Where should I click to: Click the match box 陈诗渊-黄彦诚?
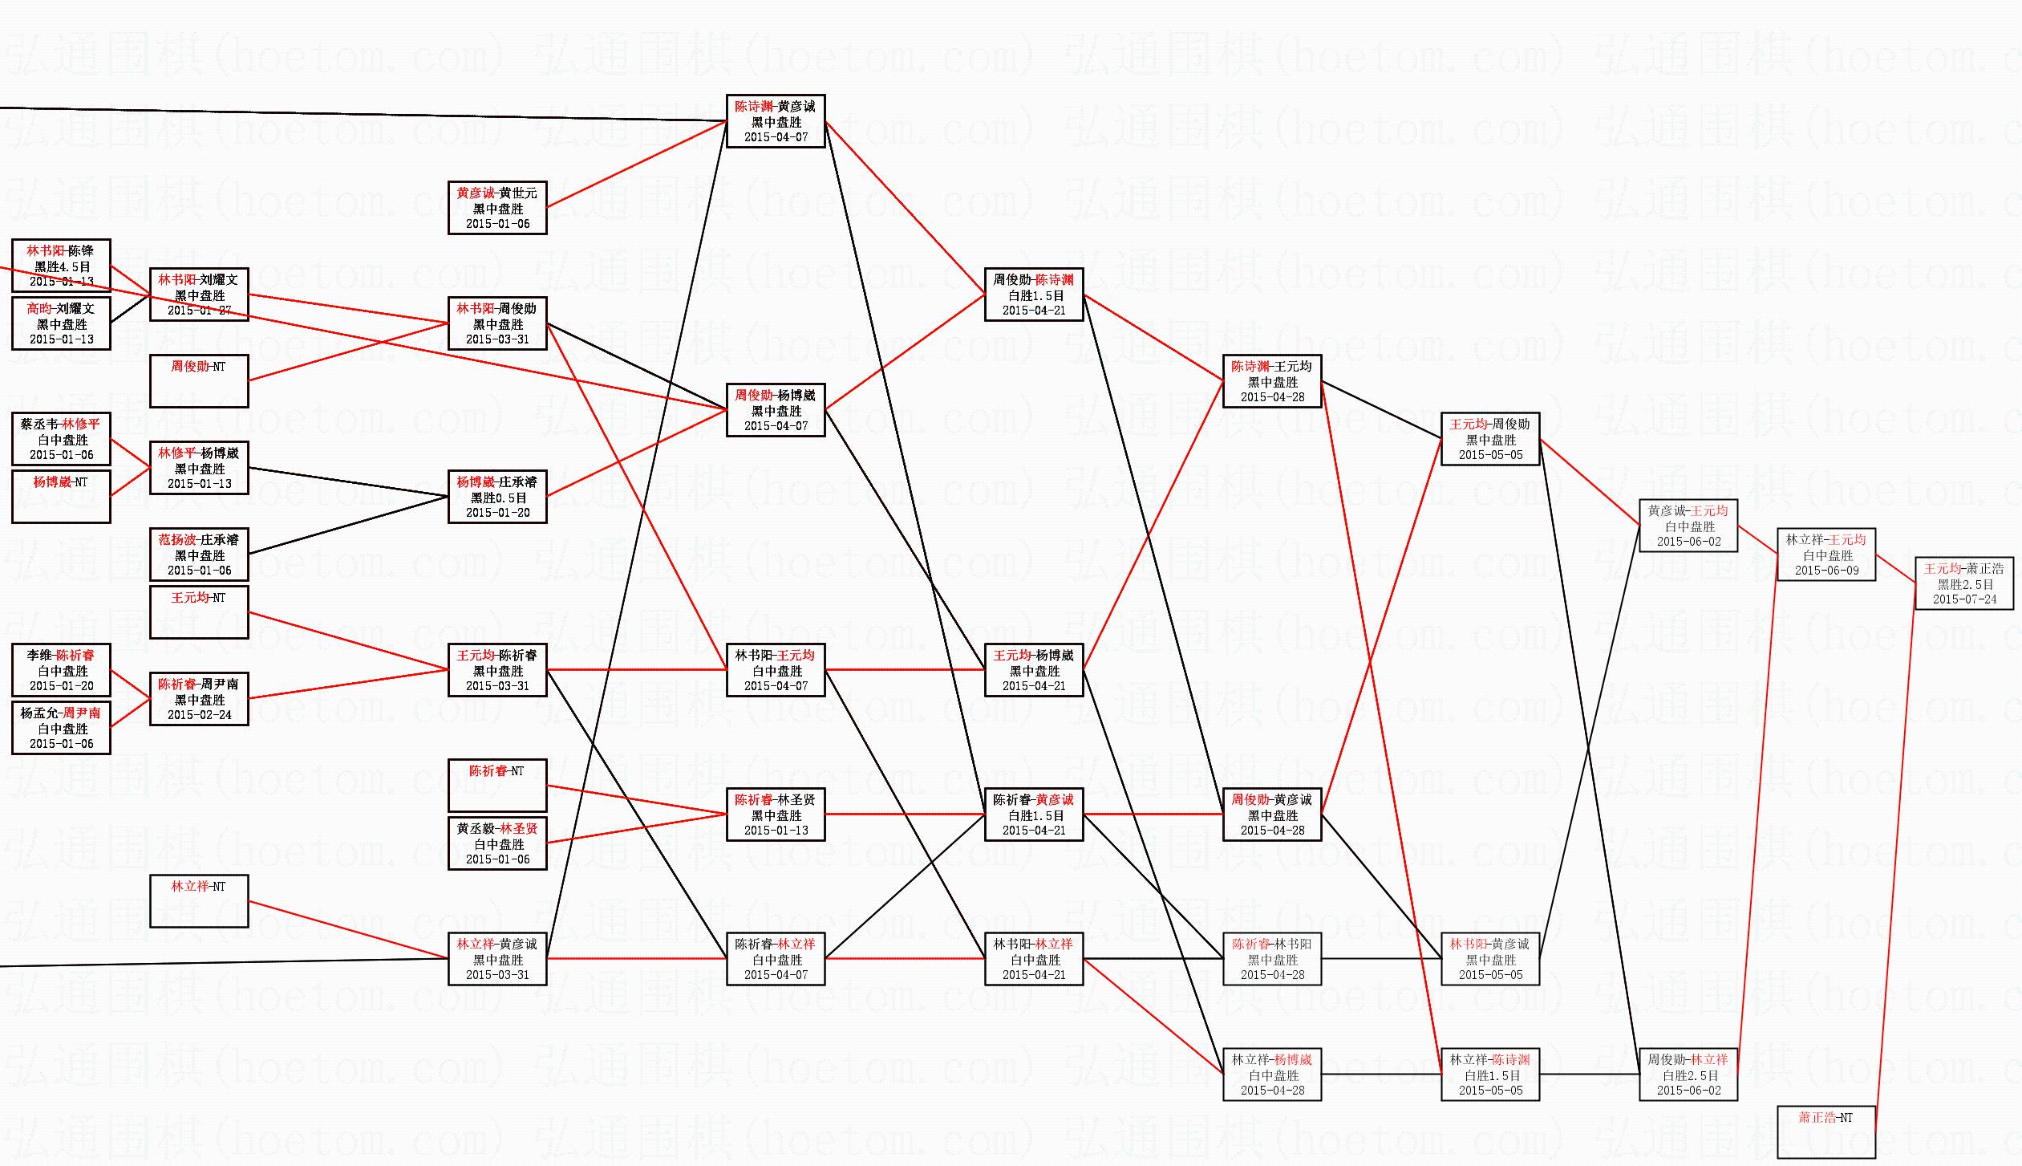pyautogui.click(x=776, y=121)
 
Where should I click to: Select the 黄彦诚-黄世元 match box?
pyautogui.click(x=497, y=208)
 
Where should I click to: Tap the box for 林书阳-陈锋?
pyautogui.click(x=61, y=266)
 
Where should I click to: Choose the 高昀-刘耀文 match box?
pyautogui.click(x=61, y=323)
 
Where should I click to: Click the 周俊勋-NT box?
pyautogui.click(x=199, y=380)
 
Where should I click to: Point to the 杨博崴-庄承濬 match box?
pyautogui.click(x=497, y=497)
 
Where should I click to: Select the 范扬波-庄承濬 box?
pyautogui.click(x=199, y=555)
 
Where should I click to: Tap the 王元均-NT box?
pyautogui.click(x=199, y=611)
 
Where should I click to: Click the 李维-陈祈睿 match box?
pyautogui.click(x=61, y=670)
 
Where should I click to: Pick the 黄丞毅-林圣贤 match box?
pyautogui.click(x=497, y=843)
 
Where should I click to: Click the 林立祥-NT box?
pyautogui.click(x=199, y=900)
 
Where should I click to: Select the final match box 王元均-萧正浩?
pyautogui.click(x=1964, y=583)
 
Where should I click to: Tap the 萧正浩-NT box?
pyautogui.click(x=1826, y=1131)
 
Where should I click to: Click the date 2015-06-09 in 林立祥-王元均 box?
pyautogui.click(x=1826, y=571)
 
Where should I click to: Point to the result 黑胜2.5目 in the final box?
pyautogui.click(x=1964, y=584)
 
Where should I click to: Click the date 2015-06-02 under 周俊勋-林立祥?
pyautogui.click(x=1688, y=1091)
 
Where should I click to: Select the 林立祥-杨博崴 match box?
pyautogui.click(x=1272, y=1075)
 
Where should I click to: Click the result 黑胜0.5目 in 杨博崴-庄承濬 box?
pyautogui.click(x=497, y=498)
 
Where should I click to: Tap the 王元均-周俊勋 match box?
pyautogui.click(x=1490, y=439)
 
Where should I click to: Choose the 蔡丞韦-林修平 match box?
pyautogui.click(x=61, y=439)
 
